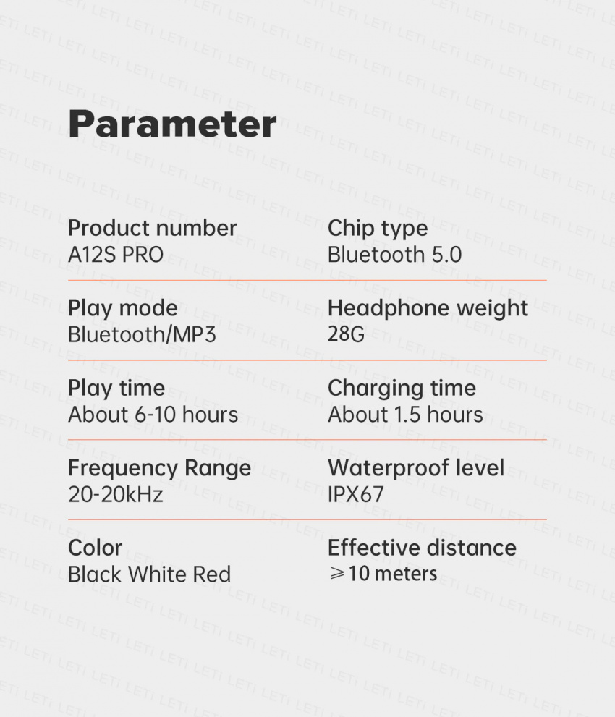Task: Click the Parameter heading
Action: coord(172,124)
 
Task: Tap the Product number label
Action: coord(152,228)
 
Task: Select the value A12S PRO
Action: coord(116,255)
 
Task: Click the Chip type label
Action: coord(378,229)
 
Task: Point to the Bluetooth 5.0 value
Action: coord(394,255)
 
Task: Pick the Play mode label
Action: coord(122,309)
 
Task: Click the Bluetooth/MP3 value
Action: coord(142,335)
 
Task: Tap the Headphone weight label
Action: coord(428,309)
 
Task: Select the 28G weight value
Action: coord(346,334)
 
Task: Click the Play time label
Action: coord(116,389)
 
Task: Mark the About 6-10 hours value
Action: coord(153,415)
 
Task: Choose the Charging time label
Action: coord(402,389)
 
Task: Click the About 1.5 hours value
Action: coord(405,415)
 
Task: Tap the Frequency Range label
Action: coord(159,469)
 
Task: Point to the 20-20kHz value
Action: coord(115,494)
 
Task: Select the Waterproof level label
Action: coord(416,468)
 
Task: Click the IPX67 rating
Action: coord(356,494)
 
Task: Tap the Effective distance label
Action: coord(422,548)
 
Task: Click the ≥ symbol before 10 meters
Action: coord(337,574)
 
